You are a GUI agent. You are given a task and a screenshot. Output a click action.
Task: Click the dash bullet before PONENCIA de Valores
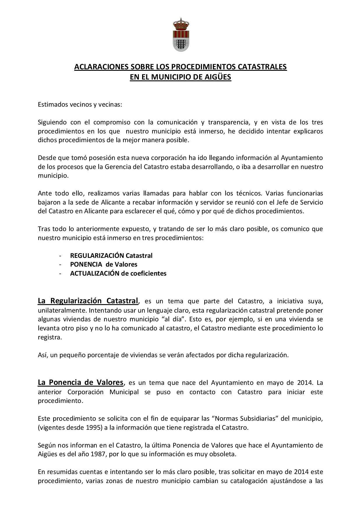coord(60,264)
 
